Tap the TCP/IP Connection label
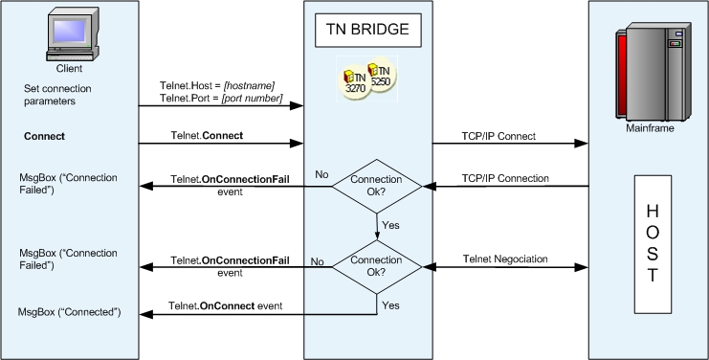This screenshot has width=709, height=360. click(x=505, y=178)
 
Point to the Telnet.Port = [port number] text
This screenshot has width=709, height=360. click(x=221, y=98)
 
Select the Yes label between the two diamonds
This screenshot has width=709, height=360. click(x=390, y=225)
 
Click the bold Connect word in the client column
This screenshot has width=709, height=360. click(x=44, y=137)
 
